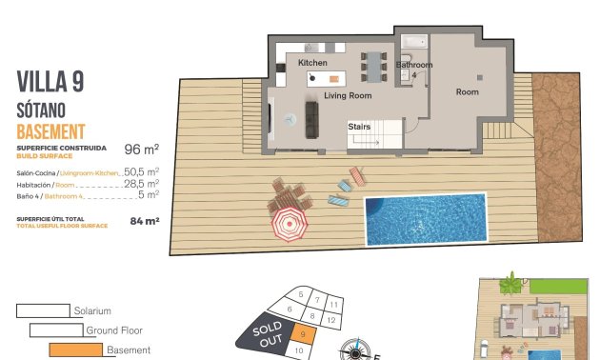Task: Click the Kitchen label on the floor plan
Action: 312,63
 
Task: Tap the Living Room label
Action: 347,96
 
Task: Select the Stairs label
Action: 359,126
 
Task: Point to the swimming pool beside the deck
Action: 426,218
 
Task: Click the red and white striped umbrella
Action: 288,226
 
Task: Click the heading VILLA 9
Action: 50,82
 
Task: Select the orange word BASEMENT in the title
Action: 51,131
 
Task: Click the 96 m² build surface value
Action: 141,150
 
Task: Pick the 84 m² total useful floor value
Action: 144,221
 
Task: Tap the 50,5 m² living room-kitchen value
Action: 141,172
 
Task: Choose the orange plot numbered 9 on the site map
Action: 301,333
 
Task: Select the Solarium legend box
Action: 44,310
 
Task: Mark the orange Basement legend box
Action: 75,350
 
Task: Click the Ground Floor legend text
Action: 114,330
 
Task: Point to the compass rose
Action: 356,350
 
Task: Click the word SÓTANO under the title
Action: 45,110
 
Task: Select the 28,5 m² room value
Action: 141,184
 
